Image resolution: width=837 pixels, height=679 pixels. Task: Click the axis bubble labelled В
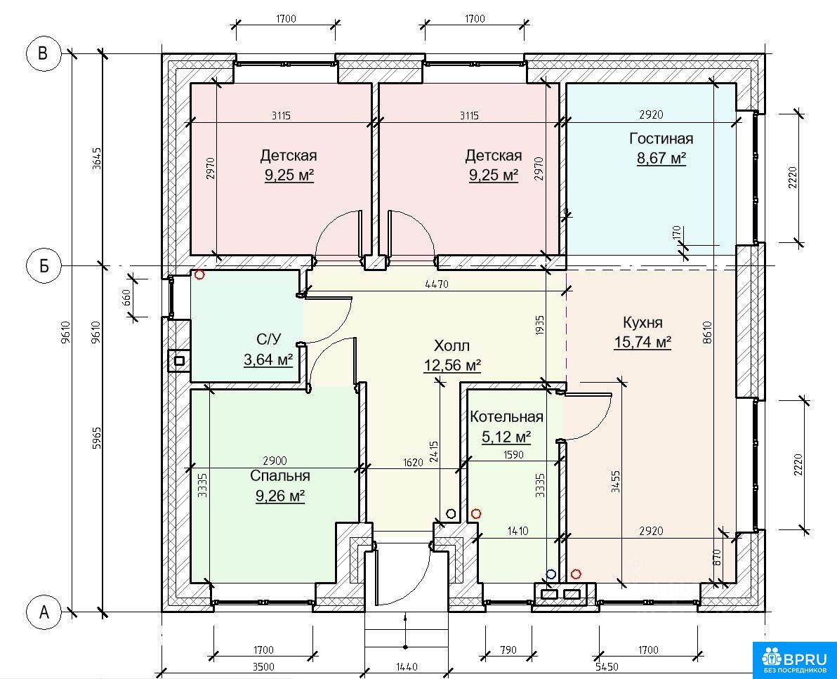[44, 53]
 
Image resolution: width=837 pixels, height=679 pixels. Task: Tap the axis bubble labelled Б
[44, 265]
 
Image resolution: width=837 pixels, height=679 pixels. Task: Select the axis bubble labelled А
[44, 612]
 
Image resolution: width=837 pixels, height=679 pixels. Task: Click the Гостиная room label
[661, 139]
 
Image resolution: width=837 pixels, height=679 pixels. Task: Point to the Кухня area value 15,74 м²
[642, 342]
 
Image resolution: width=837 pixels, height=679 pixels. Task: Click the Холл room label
[452, 346]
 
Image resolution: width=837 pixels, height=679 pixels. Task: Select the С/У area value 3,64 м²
[268, 360]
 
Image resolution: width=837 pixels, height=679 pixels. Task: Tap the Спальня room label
[279, 475]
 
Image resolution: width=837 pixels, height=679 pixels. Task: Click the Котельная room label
[506, 417]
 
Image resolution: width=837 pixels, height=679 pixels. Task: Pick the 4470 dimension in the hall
[437, 284]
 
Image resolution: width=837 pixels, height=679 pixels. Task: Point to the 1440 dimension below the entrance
[407, 667]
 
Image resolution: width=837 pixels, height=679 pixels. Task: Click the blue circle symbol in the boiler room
[551, 574]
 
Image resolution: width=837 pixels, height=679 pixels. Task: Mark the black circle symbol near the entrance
[451, 514]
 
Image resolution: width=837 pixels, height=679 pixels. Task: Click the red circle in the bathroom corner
[199, 275]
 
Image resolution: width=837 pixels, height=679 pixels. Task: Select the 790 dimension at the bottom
[508, 650]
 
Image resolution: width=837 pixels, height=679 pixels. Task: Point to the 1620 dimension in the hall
[413, 462]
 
